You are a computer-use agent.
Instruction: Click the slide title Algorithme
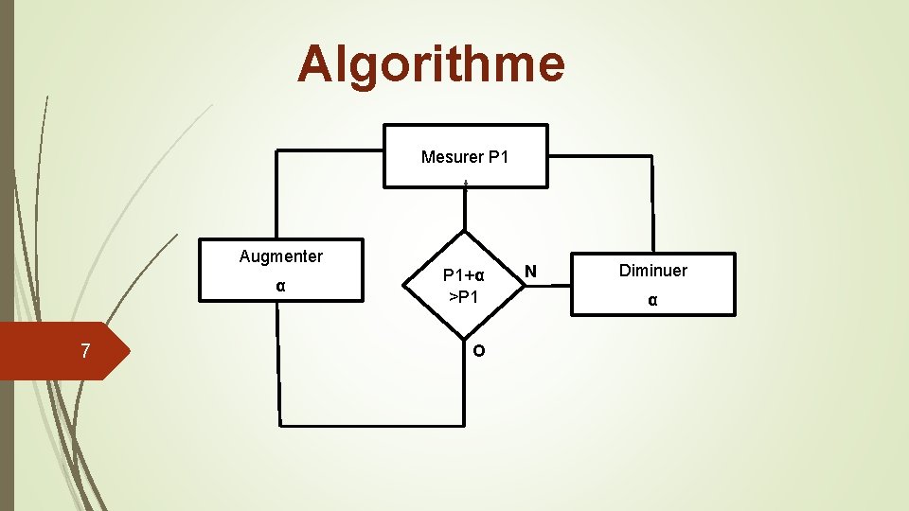point(431,64)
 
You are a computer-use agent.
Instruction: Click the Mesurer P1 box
point(465,156)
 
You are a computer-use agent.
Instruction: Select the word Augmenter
point(281,256)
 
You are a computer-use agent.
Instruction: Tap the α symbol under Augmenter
point(281,286)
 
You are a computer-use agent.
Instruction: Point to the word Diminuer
point(653,271)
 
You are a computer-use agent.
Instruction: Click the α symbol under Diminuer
point(652,300)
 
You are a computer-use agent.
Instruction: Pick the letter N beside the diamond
point(531,272)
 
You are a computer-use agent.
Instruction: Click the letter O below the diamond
point(479,350)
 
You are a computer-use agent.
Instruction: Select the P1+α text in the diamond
point(464,275)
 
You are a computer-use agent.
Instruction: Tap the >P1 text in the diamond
point(464,298)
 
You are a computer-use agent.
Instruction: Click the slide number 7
point(85,351)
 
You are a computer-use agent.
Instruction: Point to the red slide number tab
point(57,351)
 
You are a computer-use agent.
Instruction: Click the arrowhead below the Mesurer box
point(466,183)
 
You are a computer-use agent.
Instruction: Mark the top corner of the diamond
point(465,231)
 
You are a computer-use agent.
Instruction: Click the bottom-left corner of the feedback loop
point(280,422)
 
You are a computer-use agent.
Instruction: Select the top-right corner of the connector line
point(651,156)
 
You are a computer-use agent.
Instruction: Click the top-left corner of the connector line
point(276,151)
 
